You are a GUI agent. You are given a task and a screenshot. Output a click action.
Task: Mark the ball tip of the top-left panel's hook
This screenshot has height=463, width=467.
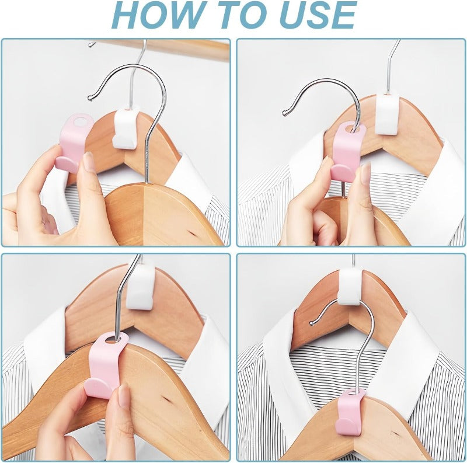(90, 98)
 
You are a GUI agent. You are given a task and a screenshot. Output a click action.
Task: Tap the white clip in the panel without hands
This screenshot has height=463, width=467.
(351, 286)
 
